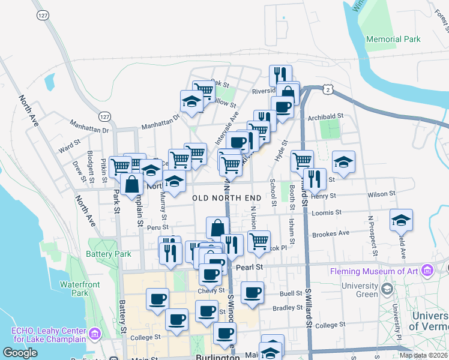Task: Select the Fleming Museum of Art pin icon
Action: [427, 271]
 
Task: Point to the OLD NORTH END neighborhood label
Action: [227, 197]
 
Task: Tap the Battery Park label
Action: [109, 254]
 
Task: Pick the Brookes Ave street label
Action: [330, 233]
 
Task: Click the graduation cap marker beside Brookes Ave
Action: [401, 220]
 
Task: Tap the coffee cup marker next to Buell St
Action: [253, 293]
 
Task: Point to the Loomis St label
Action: [326, 212]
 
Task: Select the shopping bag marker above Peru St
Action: [217, 228]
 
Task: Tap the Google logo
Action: [20, 353]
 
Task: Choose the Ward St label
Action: [69, 145]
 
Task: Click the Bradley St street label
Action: [286, 308]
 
